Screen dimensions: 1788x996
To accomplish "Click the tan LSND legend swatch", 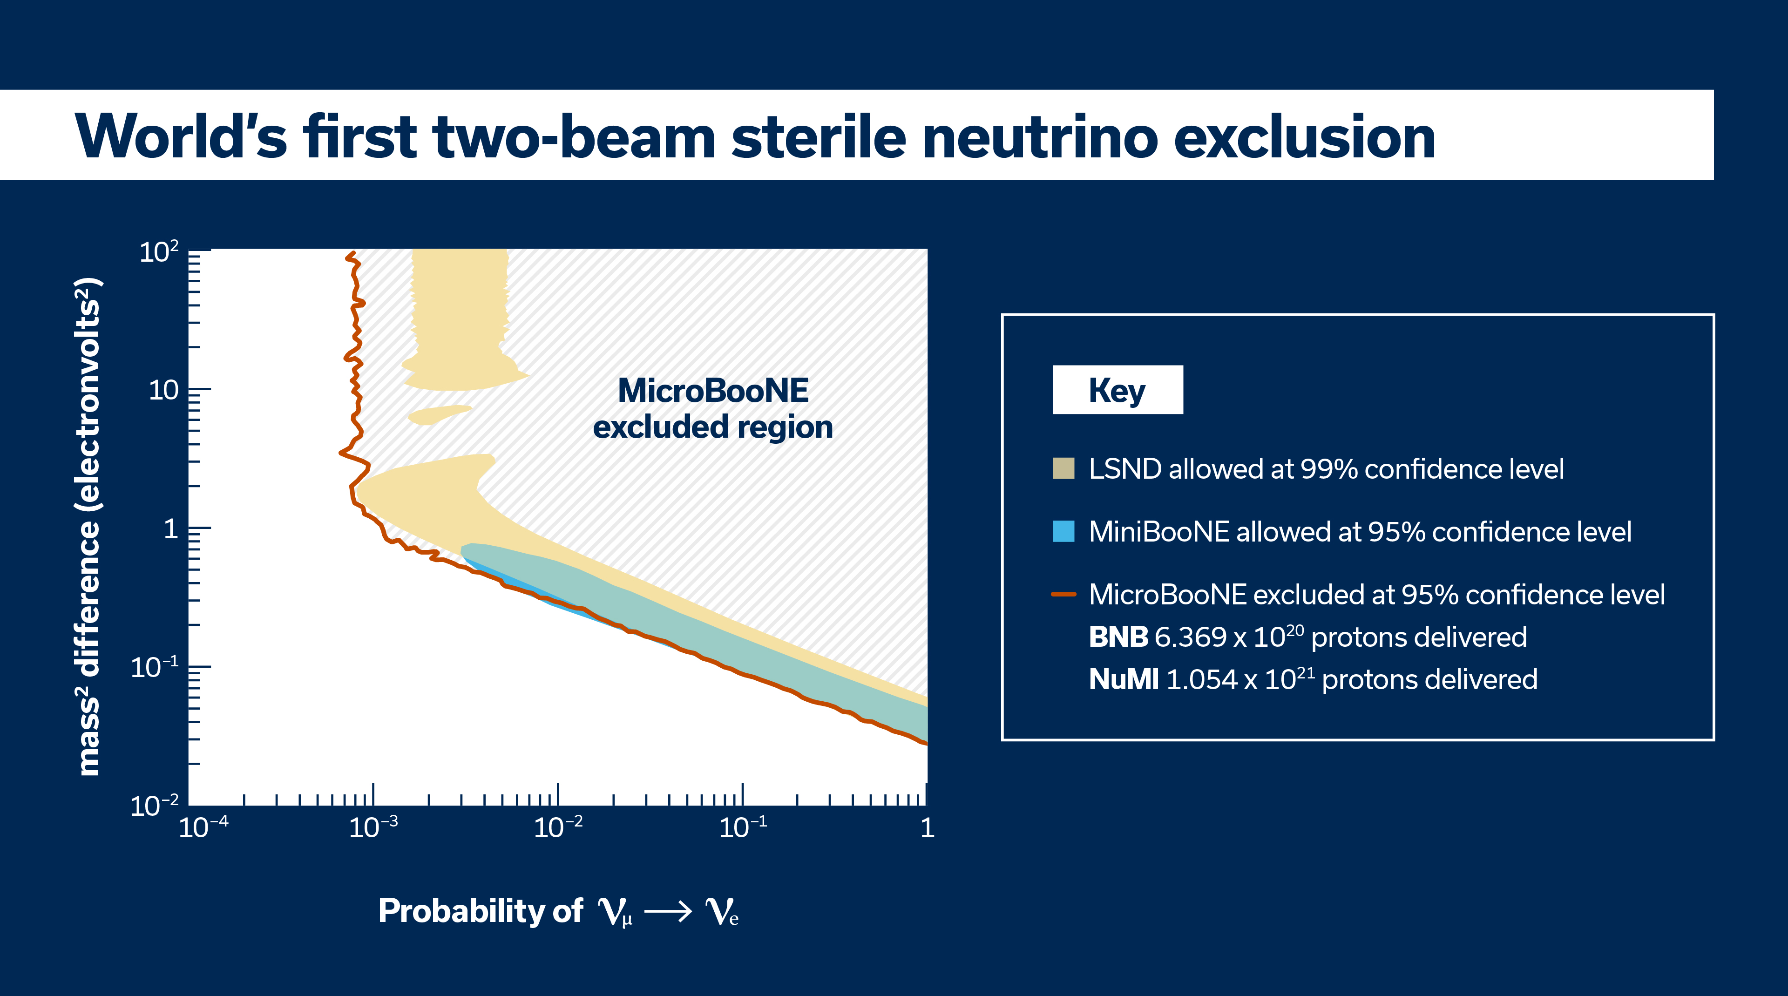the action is point(1063,468).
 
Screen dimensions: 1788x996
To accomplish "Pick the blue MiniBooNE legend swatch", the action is point(1063,531).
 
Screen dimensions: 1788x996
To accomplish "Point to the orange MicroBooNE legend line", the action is point(1063,594).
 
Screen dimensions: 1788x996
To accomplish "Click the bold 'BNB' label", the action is point(1118,637).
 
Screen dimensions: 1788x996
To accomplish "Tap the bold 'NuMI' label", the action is point(1124,679).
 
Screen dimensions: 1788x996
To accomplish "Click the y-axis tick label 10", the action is point(164,390).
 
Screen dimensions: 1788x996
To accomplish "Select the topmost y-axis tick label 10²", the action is point(159,251).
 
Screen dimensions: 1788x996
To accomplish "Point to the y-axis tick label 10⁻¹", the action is point(155,666).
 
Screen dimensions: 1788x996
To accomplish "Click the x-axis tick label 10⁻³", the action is point(373,827).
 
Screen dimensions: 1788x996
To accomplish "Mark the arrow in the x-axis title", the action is point(668,911).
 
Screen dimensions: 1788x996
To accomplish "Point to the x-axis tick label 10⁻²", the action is point(558,827).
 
